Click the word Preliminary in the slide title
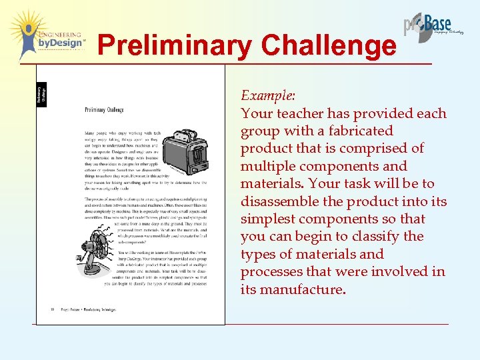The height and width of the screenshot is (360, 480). pyautogui.click(x=175, y=46)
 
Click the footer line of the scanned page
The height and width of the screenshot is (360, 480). pyautogui.click(x=83, y=309)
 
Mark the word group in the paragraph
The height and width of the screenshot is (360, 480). pyautogui.click(x=260, y=131)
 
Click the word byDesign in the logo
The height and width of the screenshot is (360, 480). pyautogui.click(x=61, y=43)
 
